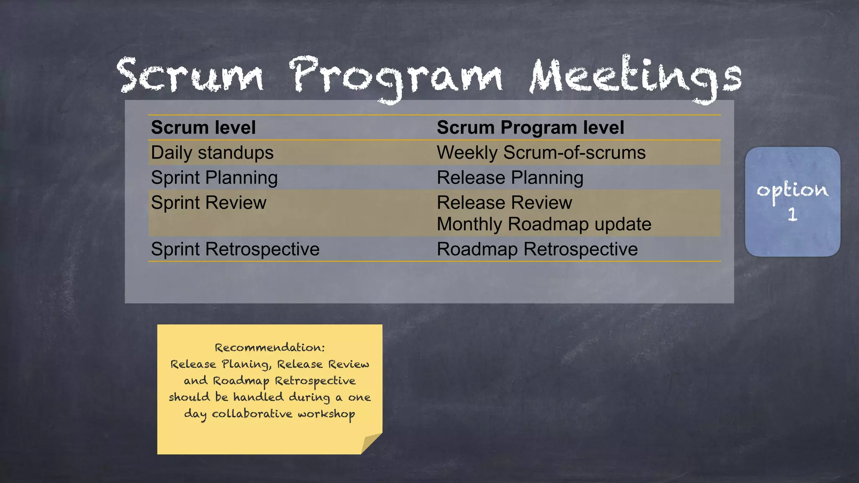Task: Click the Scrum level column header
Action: tap(203, 127)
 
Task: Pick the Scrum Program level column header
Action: tap(530, 127)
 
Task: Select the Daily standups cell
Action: tap(212, 153)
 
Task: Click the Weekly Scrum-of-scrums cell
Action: tap(541, 153)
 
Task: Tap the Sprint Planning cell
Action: tap(214, 178)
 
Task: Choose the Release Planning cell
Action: tap(510, 178)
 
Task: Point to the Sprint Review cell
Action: tap(208, 203)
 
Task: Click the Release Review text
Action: tap(504, 203)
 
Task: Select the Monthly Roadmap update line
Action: tap(544, 224)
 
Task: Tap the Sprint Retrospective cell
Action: tap(235, 249)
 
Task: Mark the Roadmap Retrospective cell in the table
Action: tap(537, 249)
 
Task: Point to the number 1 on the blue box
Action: tap(792, 215)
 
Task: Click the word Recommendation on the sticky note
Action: tap(268, 348)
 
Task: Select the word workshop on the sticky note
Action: tap(326, 414)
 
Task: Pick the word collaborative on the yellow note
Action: tap(252, 414)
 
